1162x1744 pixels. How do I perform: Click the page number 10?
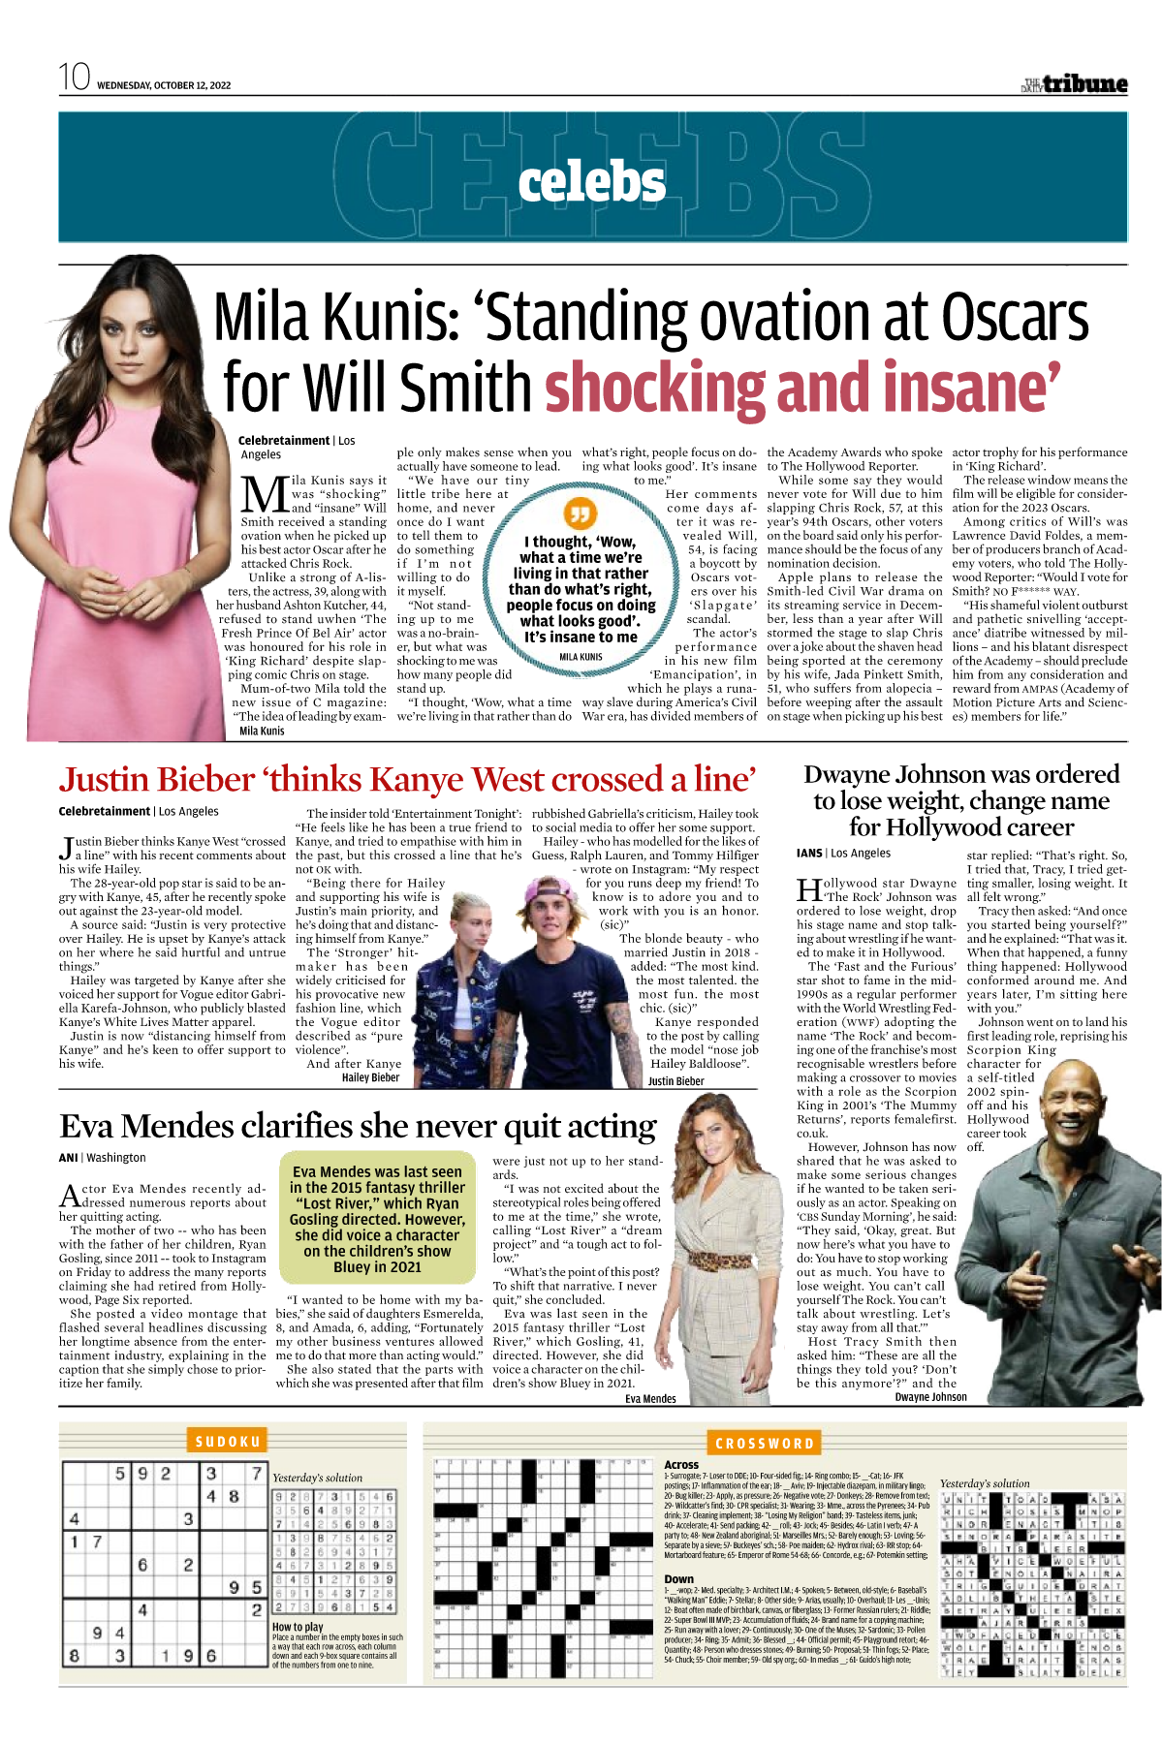click(74, 77)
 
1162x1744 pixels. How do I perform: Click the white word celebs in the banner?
click(591, 182)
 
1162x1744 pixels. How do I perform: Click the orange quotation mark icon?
click(580, 514)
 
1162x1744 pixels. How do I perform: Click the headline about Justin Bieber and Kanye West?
click(407, 780)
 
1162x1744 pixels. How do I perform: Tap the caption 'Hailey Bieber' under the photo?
click(370, 1077)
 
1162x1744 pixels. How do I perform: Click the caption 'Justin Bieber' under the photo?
click(675, 1081)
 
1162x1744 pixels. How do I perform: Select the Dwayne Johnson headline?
click(961, 800)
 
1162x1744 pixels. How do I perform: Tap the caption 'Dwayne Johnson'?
click(930, 1397)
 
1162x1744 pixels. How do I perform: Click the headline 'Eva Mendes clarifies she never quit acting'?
click(358, 1126)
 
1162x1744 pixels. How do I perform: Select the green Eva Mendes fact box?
click(377, 1219)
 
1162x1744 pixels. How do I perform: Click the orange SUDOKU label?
click(228, 1442)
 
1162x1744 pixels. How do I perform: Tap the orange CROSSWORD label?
click(765, 1444)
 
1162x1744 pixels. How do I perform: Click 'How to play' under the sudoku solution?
click(298, 1627)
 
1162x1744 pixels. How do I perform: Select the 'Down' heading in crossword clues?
click(678, 1578)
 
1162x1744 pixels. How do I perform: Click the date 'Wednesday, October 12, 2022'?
click(164, 85)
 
